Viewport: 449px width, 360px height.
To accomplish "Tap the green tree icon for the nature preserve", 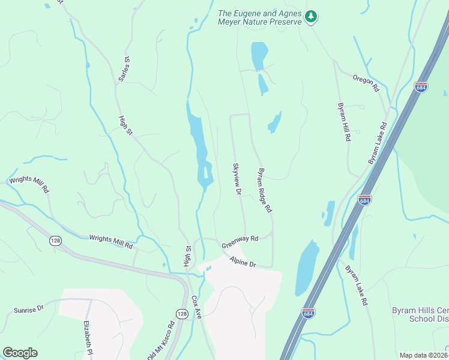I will pos(311,17).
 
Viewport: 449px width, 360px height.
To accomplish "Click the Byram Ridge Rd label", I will pos(265,190).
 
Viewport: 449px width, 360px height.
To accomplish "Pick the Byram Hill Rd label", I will pos(344,121).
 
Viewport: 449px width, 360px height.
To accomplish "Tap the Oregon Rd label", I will pos(366,83).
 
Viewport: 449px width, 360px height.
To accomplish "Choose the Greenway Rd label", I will pos(240,239).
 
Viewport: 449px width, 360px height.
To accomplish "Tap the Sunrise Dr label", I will pos(29,310).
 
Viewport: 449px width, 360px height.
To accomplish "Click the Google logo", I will pos(20,353).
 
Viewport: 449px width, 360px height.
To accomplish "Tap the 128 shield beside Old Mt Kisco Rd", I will pos(182,314).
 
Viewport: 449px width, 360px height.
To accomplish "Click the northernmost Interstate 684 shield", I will pos(421,87).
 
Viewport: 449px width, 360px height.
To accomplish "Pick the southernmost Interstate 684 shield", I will pos(308,313).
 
